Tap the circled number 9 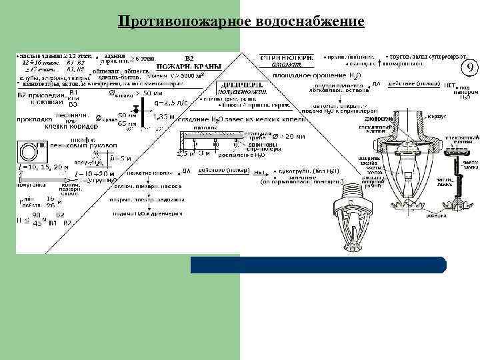click(469, 69)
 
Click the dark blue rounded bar click(318, 265)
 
